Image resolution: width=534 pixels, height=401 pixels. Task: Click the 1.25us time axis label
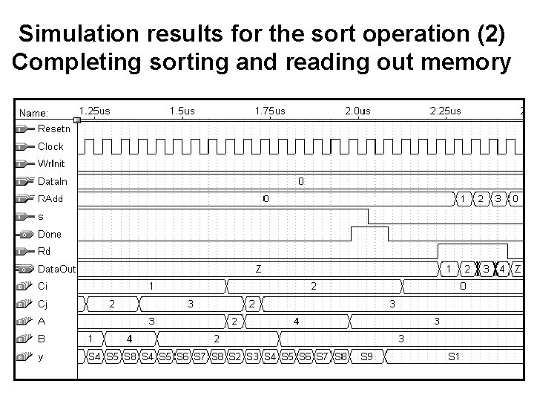point(94,111)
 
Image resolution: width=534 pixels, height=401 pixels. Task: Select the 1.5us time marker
point(182,111)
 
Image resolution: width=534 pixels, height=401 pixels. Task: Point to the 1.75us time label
point(269,111)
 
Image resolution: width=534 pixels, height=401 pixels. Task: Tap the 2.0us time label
point(357,111)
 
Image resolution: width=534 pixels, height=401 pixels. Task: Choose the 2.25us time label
point(445,111)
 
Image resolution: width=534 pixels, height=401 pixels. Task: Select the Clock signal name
point(50,146)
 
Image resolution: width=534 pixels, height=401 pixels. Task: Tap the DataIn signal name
point(52,181)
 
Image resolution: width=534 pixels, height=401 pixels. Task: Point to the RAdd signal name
point(50,198)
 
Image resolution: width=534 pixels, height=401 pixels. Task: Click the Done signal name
point(50,234)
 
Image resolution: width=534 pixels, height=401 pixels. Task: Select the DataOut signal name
point(56,269)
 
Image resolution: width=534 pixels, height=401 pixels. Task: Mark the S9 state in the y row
point(366,356)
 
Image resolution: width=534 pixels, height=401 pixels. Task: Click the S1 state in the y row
point(454,356)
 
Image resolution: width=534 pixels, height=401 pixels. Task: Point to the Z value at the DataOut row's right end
point(517,269)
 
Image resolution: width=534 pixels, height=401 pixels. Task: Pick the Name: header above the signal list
point(34,113)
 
